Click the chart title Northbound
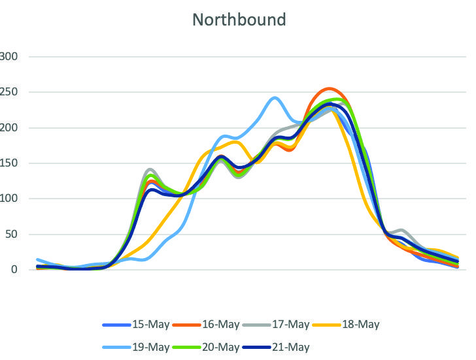point(239,20)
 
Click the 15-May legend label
point(149,324)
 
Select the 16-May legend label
point(220,324)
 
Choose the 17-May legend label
point(290,324)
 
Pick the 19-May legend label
point(149,347)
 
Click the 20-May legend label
point(220,347)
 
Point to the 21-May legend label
point(290,347)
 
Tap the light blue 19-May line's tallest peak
point(275,98)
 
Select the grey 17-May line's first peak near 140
point(150,169)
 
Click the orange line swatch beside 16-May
point(186,324)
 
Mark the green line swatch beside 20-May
point(186,347)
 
